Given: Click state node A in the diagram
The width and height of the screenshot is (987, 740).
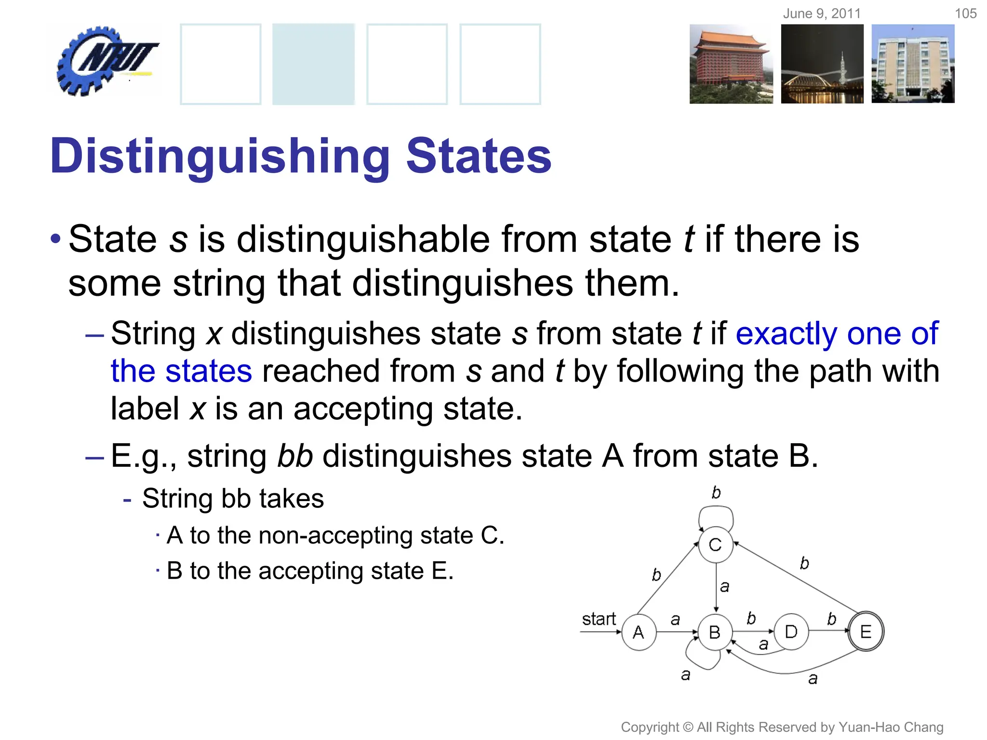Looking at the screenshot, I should [639, 632].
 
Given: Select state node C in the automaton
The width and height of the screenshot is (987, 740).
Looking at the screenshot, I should [716, 545].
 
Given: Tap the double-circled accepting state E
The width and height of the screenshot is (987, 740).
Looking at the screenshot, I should [866, 632].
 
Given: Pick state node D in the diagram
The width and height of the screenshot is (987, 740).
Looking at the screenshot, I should [791, 632].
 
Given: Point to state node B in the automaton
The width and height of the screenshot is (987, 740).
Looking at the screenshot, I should [715, 632].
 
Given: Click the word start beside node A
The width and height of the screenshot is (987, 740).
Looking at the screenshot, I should [599, 619].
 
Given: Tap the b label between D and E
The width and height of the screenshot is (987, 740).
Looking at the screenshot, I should [831, 619].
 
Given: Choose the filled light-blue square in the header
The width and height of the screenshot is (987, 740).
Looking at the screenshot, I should [313, 64].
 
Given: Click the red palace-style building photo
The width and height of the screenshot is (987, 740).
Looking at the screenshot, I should [731, 64].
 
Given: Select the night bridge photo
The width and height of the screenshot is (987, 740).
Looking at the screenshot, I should [822, 64].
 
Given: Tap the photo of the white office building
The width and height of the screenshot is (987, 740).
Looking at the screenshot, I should [913, 64].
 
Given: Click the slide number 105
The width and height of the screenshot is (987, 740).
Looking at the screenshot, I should [965, 13].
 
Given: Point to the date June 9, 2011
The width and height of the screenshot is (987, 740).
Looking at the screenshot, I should [822, 13].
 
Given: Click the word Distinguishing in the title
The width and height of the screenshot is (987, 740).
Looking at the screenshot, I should [220, 156].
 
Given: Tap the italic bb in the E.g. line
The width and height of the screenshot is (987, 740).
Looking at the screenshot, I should [295, 456].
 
